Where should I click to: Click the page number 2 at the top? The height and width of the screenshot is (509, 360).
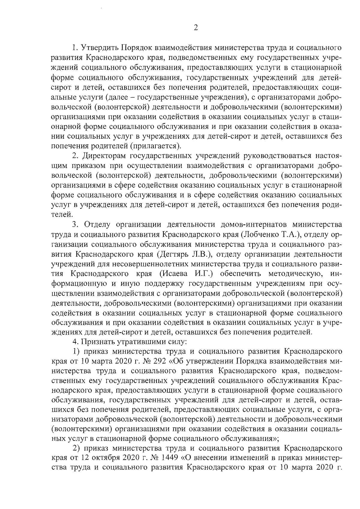pos(196,28)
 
